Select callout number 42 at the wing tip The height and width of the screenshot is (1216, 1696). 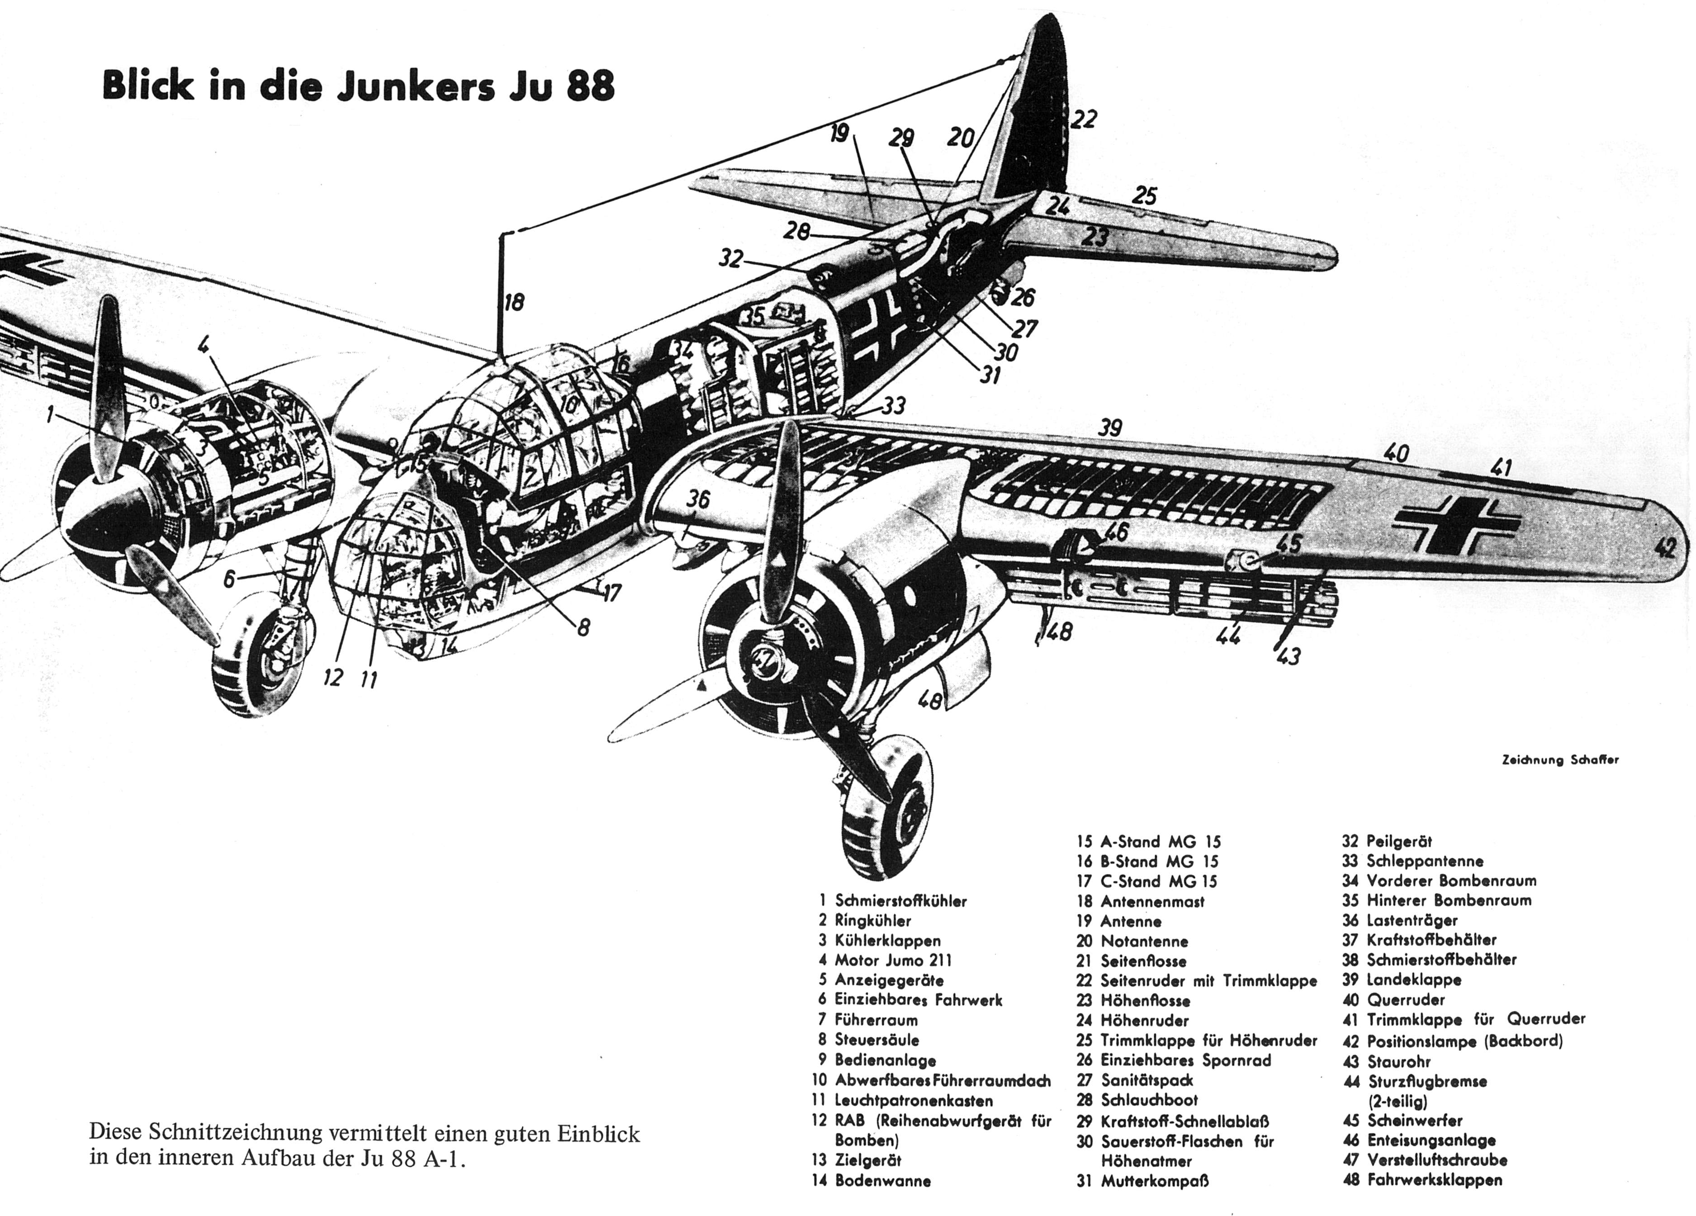1665,548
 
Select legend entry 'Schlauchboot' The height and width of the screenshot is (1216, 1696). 1149,1100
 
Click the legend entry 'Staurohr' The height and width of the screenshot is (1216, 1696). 1398,1062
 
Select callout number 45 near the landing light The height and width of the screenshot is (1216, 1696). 1287,544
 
